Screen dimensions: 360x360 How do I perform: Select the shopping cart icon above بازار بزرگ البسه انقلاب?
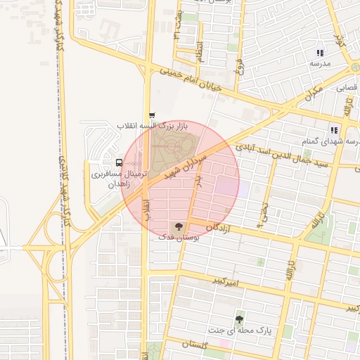tap(152, 115)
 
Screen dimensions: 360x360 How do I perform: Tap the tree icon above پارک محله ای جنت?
tap(240, 319)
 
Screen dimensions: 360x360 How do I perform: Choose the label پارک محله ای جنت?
tap(239, 329)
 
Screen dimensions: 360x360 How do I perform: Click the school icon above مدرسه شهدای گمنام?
tap(335, 129)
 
